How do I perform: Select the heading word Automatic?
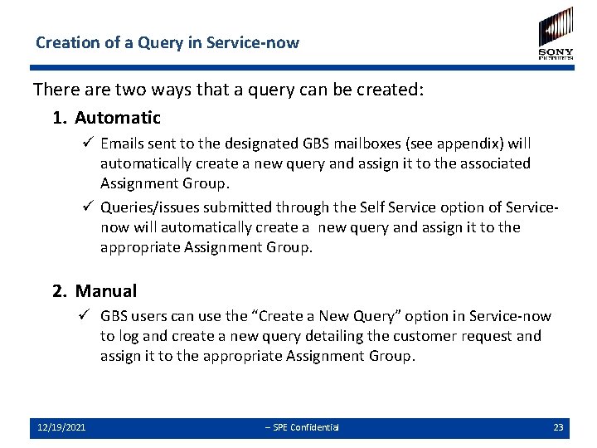(x=118, y=118)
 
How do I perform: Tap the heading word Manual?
(x=106, y=290)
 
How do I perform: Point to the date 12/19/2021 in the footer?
(x=61, y=427)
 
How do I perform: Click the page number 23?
(x=558, y=427)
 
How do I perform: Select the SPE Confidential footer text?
(x=302, y=427)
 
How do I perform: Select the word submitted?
(x=240, y=207)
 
